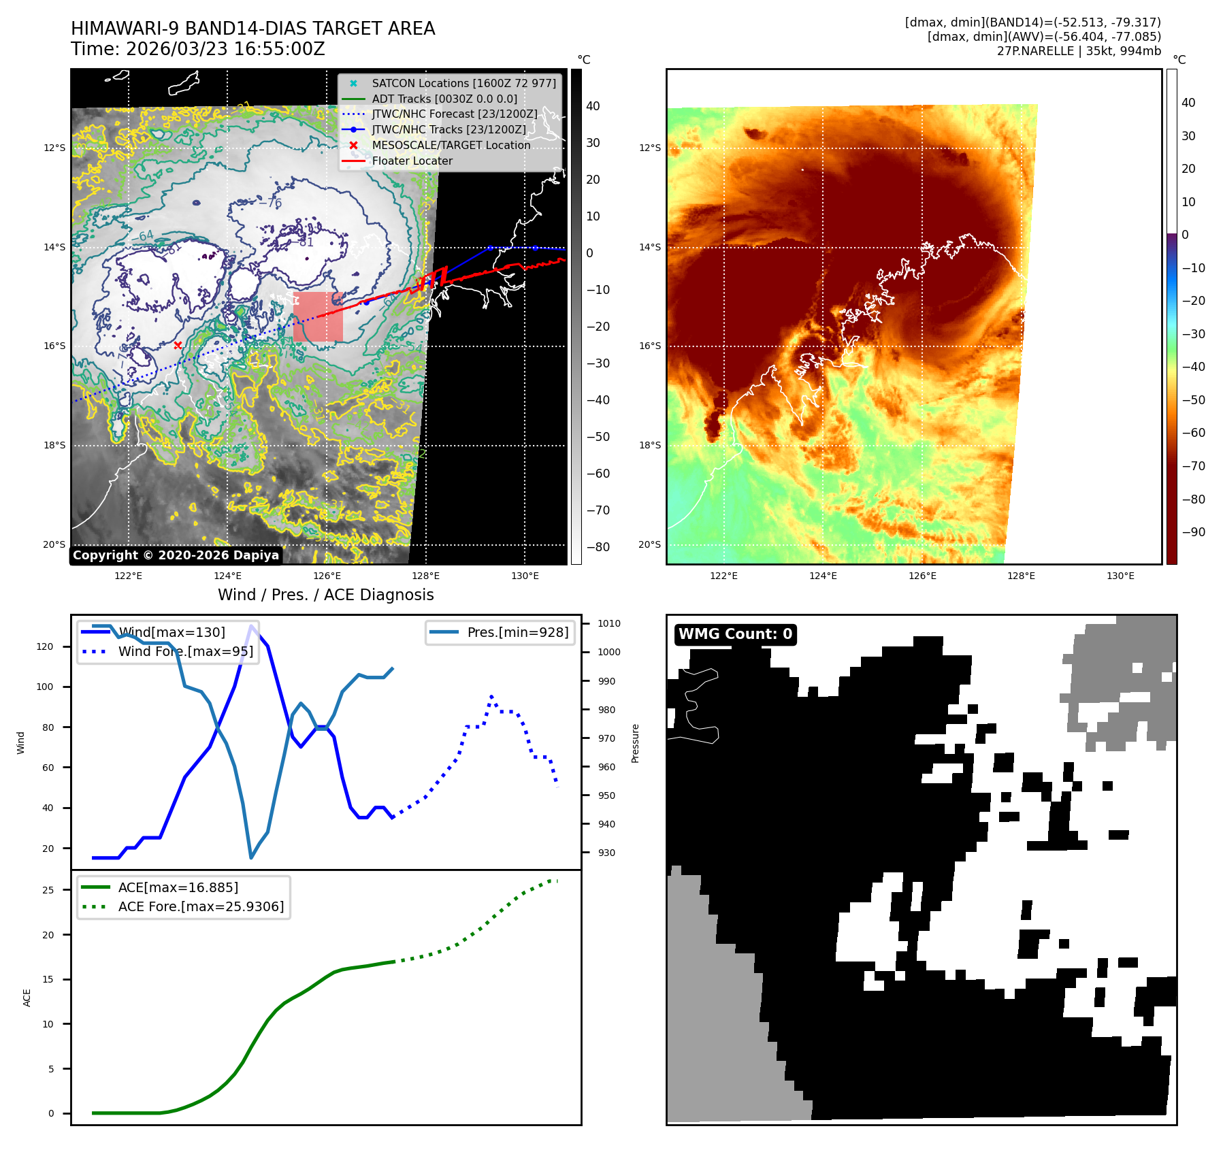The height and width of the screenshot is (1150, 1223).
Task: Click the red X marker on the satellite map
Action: (x=178, y=346)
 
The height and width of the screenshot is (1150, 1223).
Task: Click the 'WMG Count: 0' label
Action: (x=735, y=634)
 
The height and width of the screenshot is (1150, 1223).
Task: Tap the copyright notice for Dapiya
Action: (x=176, y=555)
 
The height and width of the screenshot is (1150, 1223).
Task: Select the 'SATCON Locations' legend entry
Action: (x=463, y=83)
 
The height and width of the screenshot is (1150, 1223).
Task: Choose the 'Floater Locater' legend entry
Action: (x=412, y=161)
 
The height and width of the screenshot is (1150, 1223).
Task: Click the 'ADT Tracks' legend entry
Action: (x=444, y=99)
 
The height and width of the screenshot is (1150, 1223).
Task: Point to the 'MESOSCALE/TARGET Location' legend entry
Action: (x=451, y=145)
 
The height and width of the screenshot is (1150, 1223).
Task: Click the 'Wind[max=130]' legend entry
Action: (x=172, y=632)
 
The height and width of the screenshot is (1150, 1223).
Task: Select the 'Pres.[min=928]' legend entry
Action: (x=517, y=632)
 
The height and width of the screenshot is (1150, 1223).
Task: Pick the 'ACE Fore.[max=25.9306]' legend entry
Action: (x=201, y=906)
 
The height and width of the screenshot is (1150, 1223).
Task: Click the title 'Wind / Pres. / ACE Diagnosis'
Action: (x=325, y=595)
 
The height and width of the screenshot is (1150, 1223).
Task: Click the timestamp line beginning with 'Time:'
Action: (x=198, y=49)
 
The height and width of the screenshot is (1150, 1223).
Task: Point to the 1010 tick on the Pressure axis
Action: (x=608, y=623)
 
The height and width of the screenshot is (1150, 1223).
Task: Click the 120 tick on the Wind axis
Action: (x=45, y=646)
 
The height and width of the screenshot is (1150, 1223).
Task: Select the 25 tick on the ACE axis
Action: (x=48, y=890)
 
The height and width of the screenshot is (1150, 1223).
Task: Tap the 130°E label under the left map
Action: (x=525, y=576)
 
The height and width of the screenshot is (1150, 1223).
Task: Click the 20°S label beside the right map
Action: (x=649, y=544)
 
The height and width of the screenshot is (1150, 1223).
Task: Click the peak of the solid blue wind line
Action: (x=252, y=625)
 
